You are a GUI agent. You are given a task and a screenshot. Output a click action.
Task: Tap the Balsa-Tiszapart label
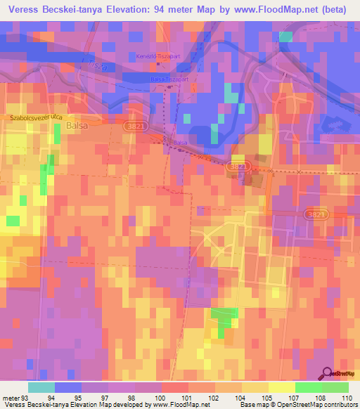click(169, 79)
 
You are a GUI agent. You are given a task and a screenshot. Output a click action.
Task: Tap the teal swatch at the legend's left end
click(41, 387)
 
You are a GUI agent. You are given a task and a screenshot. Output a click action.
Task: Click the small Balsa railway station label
click(181, 143)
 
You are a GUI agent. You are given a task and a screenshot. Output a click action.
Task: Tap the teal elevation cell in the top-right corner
click(285, 37)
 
